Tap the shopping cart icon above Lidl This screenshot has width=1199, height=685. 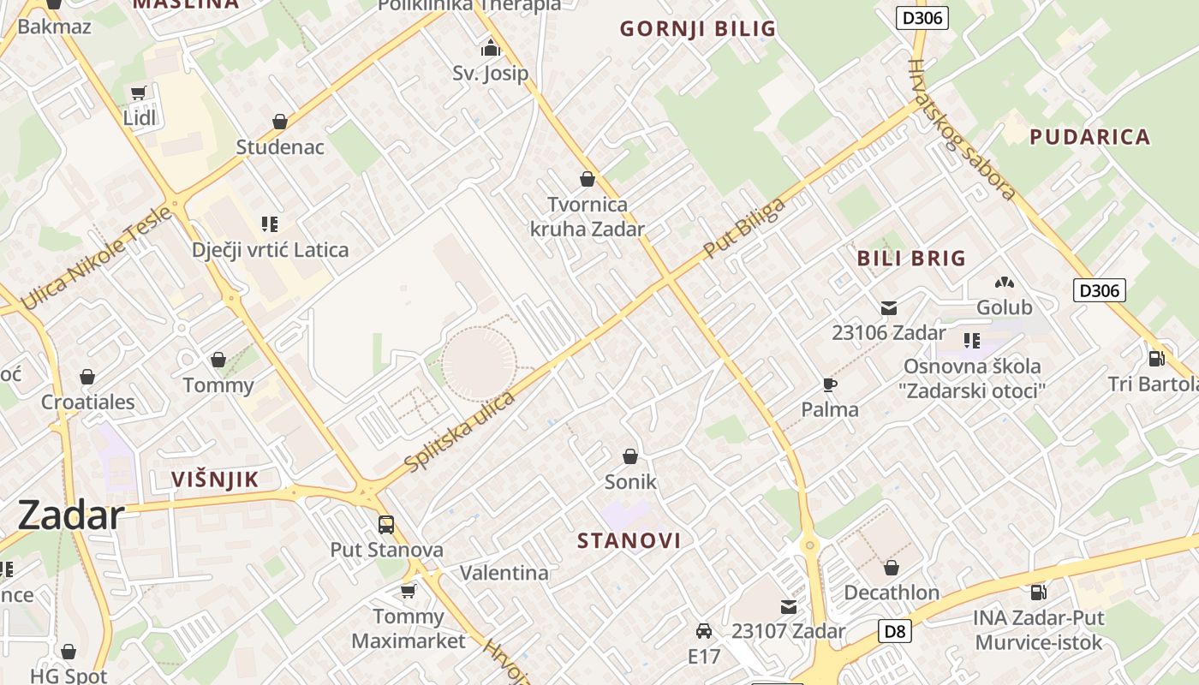point(139,92)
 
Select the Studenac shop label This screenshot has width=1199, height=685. point(280,146)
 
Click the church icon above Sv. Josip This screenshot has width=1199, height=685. point(490,47)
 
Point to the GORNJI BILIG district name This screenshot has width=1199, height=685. point(698,29)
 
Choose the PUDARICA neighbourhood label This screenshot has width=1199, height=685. point(1089,137)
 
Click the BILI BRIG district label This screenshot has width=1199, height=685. point(911,258)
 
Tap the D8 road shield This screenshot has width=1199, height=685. point(894,632)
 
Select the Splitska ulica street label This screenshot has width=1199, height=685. point(460,431)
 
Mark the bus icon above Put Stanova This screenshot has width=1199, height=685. point(386,524)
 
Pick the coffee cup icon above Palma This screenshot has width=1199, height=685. point(829,384)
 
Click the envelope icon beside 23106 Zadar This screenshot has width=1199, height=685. point(889,307)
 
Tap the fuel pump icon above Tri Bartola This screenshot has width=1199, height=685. point(1156,358)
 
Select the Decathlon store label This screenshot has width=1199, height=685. point(892,593)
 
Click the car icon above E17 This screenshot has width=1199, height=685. point(704,631)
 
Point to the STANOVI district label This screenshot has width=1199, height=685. point(629,540)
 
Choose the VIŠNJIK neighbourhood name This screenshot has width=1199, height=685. point(215,479)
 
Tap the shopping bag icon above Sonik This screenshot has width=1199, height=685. point(630,456)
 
